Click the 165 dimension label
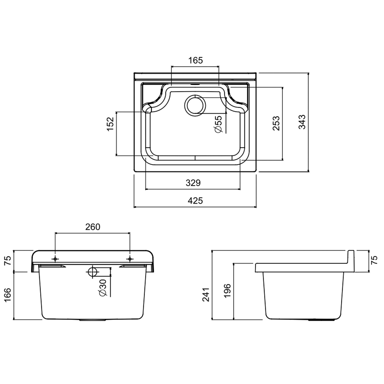(196, 60)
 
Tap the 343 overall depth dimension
(302, 122)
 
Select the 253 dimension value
(276, 123)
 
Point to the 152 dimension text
(110, 124)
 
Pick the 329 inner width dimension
(193, 183)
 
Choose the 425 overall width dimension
(195, 200)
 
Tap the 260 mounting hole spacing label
(93, 227)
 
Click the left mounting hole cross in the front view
(55, 259)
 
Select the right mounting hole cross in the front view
(130, 259)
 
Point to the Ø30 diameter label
(103, 288)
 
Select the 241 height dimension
(206, 294)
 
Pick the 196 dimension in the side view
(227, 291)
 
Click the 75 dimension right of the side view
(374, 261)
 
